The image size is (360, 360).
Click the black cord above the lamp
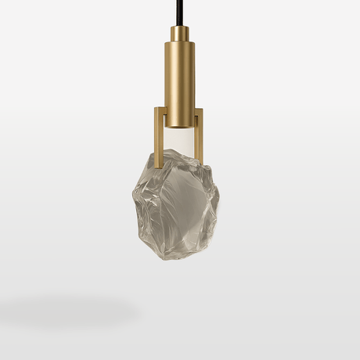(180, 12)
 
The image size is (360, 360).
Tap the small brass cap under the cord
(180, 34)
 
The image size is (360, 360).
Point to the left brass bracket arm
(159, 137)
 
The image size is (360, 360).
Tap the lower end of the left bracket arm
(159, 165)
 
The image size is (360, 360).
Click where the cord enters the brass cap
(180, 27)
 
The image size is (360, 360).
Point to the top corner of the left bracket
(157, 109)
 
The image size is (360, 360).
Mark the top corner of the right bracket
(202, 109)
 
